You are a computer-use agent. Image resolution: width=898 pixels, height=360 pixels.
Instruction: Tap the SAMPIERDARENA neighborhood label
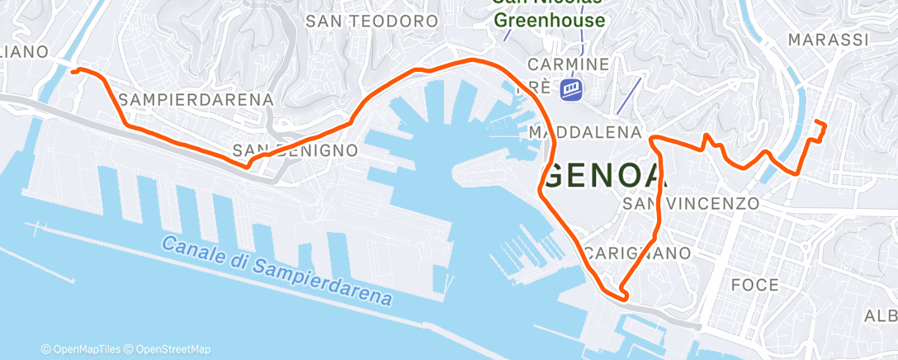tap(196, 100)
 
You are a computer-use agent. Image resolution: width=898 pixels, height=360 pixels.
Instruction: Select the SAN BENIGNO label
tap(295, 151)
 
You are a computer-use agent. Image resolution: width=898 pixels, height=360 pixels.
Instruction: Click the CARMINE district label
tap(569, 64)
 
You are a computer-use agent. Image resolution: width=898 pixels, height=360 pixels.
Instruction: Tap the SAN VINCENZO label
tap(691, 203)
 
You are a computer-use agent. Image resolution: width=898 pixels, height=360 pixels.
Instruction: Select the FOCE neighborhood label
tap(755, 285)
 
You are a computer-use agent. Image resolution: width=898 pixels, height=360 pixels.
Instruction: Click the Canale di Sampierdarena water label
tap(276, 271)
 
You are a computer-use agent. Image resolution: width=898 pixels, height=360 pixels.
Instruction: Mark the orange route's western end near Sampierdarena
tap(73, 72)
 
